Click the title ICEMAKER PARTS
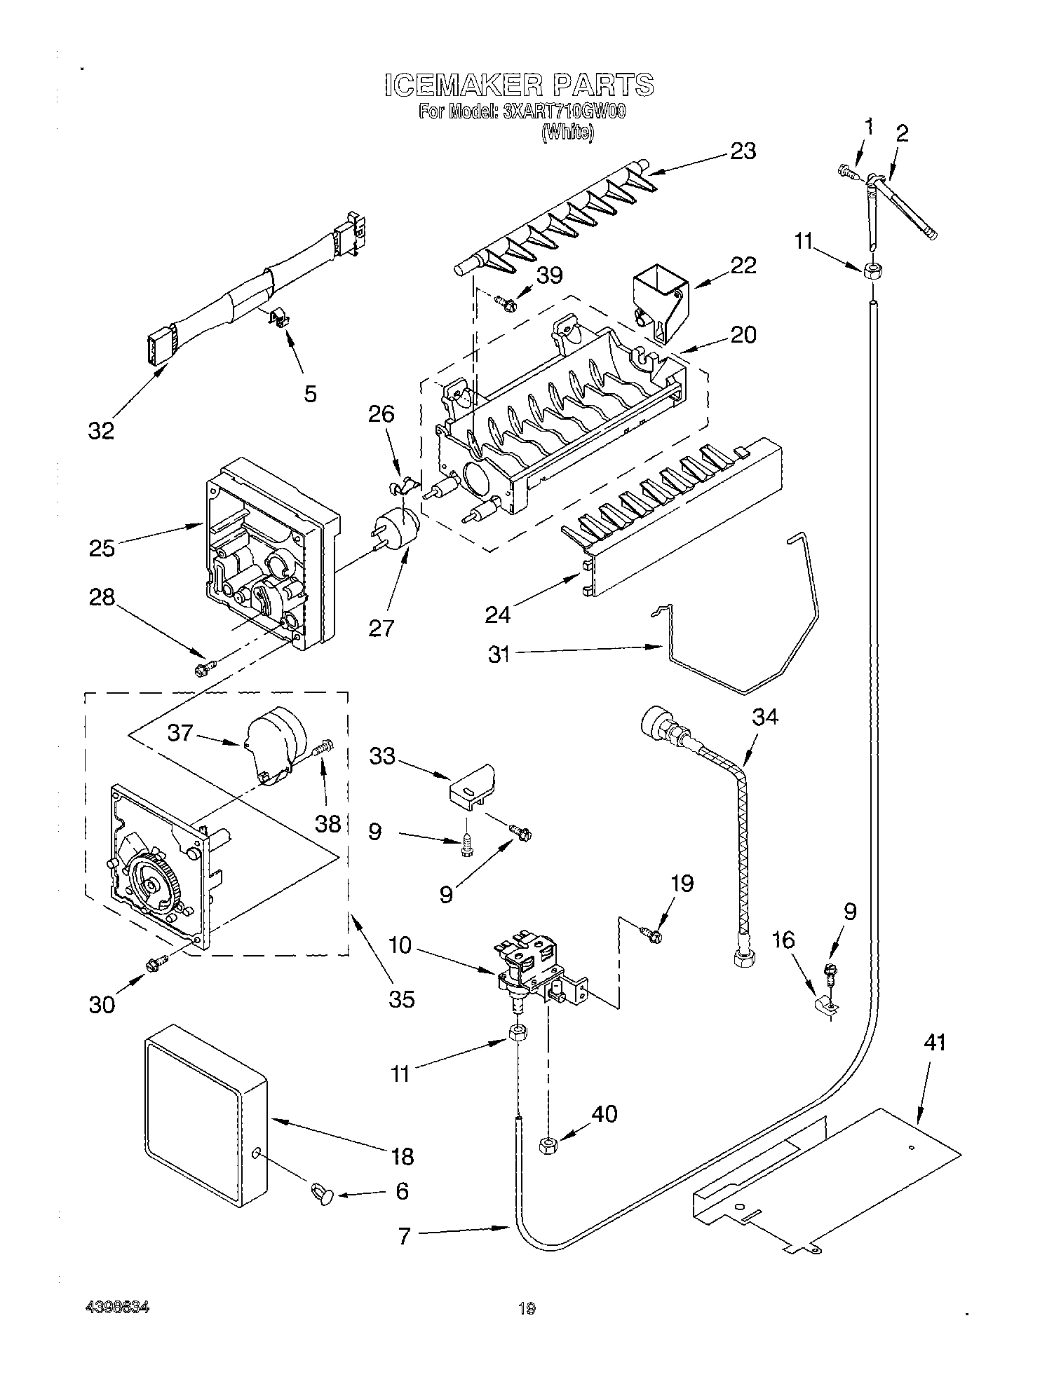click(x=519, y=85)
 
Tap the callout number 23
click(x=743, y=151)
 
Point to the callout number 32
click(x=101, y=431)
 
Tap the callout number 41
click(x=934, y=1043)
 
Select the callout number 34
click(x=765, y=717)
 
